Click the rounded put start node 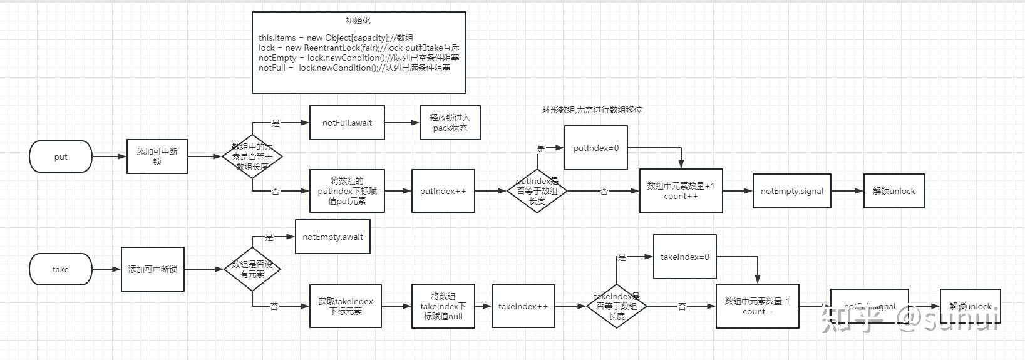pos(61,157)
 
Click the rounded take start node pos(61,269)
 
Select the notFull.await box pos(347,123)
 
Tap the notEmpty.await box pos(332,237)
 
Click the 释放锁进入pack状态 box pos(450,123)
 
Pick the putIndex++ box pos(443,191)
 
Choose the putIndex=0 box pos(595,148)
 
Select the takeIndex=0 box pos(684,257)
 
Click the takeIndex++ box pos(523,306)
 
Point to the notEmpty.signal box pos(791,191)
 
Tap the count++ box pos(681,191)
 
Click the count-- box pos(757,306)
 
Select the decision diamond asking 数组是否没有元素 pos(252,269)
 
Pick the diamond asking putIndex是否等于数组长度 pos(537,191)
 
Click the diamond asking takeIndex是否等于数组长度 pos(616,306)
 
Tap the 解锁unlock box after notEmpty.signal pos(894,191)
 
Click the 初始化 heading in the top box pos(358,21)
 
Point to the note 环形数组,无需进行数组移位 pos(592,110)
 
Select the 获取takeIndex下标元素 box pos(345,306)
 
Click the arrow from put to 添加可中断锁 pos(109,157)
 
